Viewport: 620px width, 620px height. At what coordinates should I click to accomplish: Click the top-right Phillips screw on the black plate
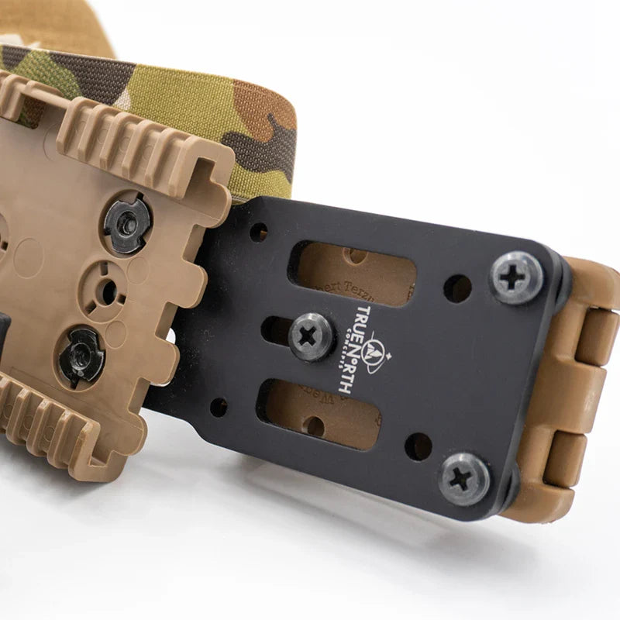click(x=516, y=277)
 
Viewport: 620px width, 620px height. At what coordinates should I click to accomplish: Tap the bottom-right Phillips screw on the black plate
click(x=464, y=479)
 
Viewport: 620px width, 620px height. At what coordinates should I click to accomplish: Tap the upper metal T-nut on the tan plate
click(x=126, y=222)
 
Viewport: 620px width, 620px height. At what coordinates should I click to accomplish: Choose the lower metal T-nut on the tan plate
click(x=81, y=356)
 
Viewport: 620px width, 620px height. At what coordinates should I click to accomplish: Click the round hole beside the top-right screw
click(x=457, y=288)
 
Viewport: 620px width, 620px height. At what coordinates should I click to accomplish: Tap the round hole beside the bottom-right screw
click(x=418, y=446)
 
